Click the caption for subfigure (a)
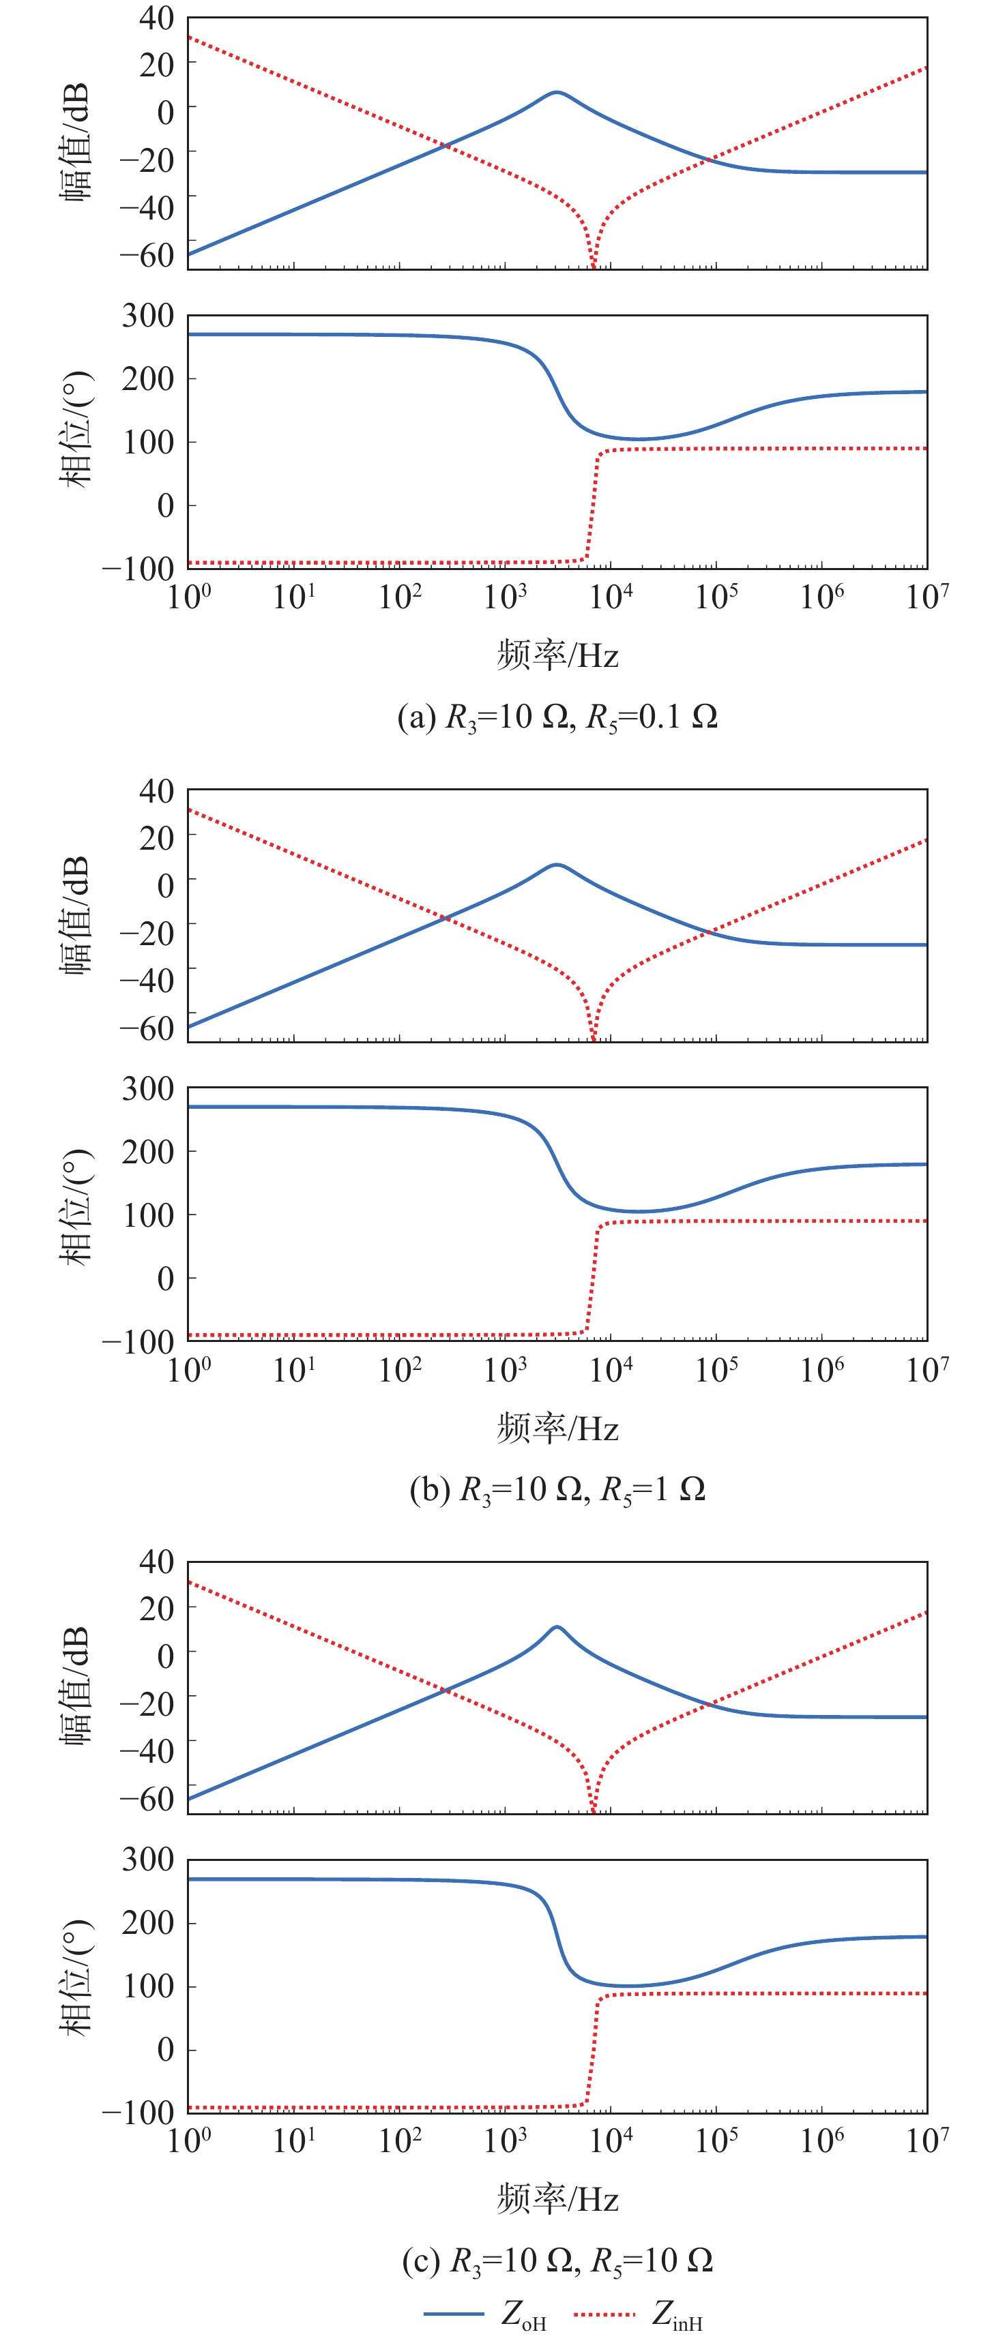pos(557,717)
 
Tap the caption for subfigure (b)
pos(557,1489)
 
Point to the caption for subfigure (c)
pos(557,2260)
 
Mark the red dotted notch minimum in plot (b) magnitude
pos(594,1038)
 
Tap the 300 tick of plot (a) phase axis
pos(147,316)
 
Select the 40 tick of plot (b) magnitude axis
pos(156,790)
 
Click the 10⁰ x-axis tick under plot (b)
pos(189,1369)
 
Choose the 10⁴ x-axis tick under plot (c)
pos(611,2141)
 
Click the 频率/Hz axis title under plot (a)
pos(557,655)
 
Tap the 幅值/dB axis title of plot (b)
pos(76,914)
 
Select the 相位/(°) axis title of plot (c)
pos(76,1978)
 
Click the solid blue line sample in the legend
pos(452,2314)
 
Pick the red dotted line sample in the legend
pos(604,2314)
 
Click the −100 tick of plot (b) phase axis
pos(137,1341)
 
